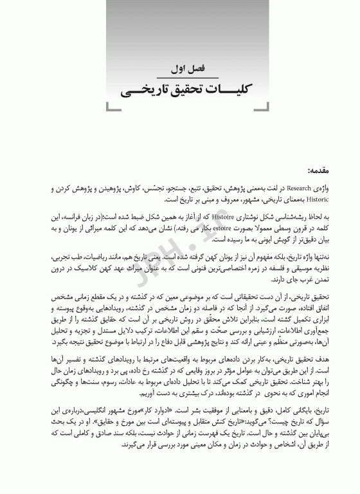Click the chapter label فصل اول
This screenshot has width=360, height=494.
pyautogui.click(x=181, y=68)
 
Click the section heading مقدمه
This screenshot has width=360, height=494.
pyautogui.click(x=320, y=170)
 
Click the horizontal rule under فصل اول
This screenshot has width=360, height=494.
pyautogui.click(x=180, y=77)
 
